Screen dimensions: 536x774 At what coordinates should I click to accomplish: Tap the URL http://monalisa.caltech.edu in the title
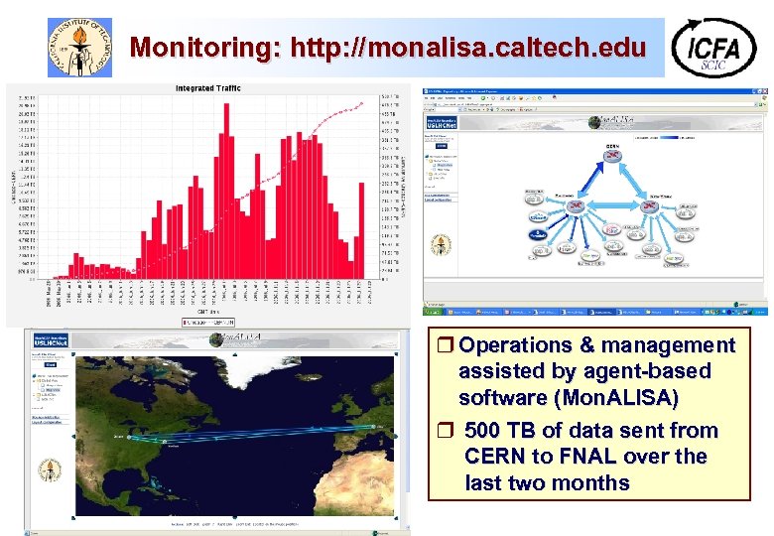click(468, 47)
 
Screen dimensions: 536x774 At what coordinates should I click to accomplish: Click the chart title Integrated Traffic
click(207, 88)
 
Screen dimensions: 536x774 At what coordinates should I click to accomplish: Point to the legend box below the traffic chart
click(207, 321)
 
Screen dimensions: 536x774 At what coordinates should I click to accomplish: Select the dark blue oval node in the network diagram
click(538, 233)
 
